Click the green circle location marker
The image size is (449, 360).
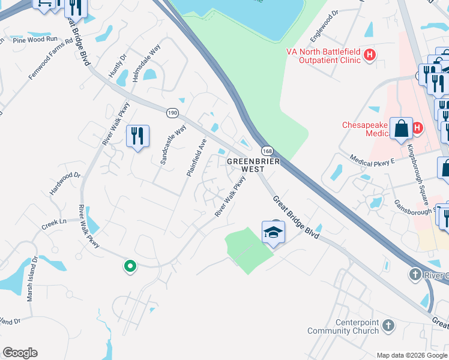click(x=129, y=266)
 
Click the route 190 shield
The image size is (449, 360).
click(x=173, y=113)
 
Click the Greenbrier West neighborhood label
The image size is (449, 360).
click(x=245, y=165)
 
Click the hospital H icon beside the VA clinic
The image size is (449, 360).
click(x=370, y=56)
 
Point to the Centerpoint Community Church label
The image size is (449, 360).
click(x=343, y=326)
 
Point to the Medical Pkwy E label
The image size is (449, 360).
click(x=373, y=158)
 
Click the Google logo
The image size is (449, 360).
click(x=20, y=353)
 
